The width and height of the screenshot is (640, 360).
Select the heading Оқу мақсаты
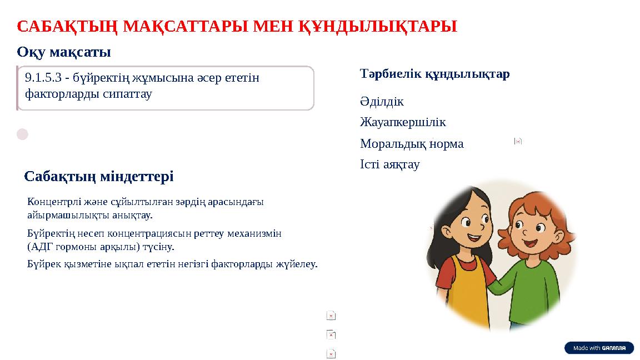(x=64, y=52)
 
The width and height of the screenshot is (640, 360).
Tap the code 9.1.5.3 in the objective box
(x=43, y=78)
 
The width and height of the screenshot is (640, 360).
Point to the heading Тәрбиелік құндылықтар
(x=434, y=74)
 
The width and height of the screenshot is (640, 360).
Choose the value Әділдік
(x=382, y=102)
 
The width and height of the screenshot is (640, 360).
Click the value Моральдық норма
(x=411, y=144)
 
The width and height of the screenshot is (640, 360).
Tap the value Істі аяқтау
(x=389, y=164)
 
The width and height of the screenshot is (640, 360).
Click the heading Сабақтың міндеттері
(x=99, y=177)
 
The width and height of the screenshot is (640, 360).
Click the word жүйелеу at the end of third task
(x=300, y=264)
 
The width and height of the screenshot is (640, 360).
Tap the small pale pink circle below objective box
(x=22, y=134)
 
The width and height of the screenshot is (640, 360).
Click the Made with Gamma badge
(x=599, y=348)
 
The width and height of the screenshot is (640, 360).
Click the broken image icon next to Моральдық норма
(x=518, y=141)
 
